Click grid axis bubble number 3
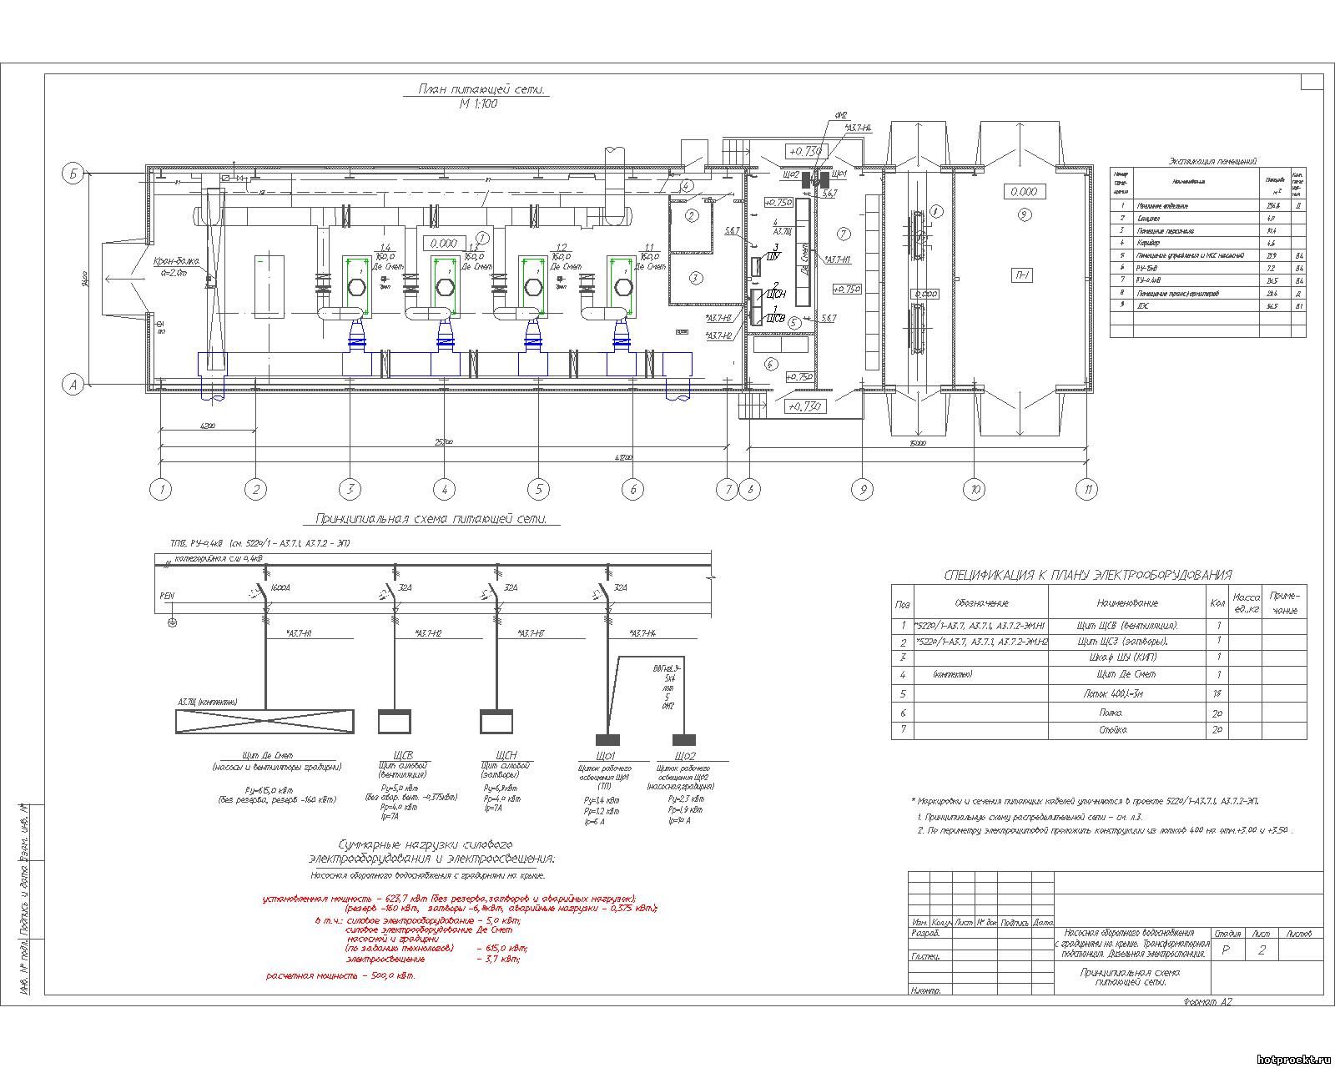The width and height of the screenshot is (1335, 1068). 350,490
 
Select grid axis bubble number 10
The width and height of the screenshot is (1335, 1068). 974,490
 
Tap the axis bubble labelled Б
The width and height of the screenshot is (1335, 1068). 73,174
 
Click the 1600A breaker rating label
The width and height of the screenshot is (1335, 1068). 281,588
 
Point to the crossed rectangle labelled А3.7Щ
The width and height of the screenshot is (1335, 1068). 264,721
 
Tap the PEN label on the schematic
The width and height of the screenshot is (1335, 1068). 166,597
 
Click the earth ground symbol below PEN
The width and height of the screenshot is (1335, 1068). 173,622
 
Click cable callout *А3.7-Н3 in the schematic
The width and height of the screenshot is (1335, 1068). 531,633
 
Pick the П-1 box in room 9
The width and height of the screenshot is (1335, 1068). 1022,275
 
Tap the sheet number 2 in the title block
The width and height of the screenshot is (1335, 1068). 1261,950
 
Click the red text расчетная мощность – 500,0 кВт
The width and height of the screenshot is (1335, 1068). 340,975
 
